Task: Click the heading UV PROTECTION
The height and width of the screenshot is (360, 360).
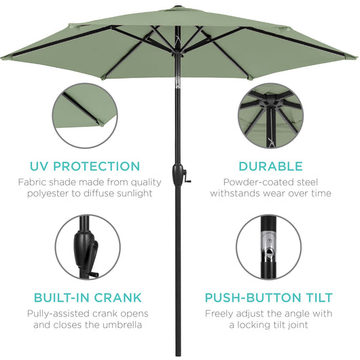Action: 85,166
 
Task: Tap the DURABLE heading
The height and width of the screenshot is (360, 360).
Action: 270,166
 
